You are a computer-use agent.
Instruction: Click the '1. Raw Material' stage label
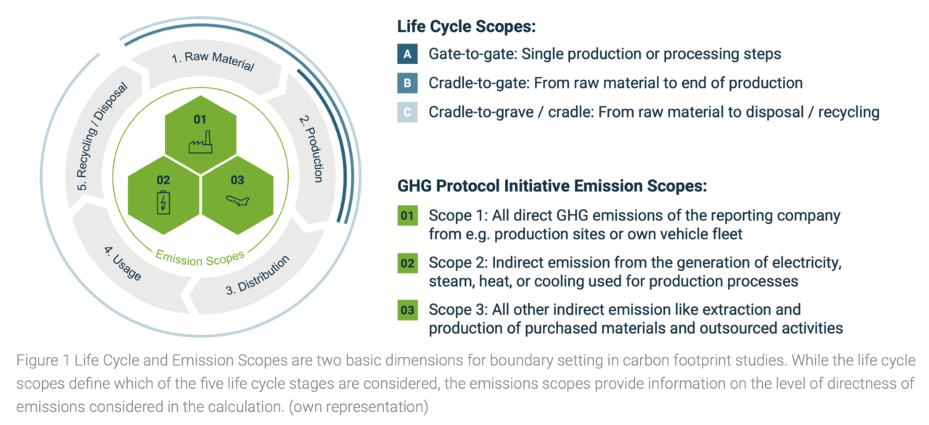pyautogui.click(x=213, y=61)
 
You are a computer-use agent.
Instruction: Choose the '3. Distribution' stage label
pyautogui.click(x=258, y=275)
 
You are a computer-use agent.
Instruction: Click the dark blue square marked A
pyautogui.click(x=407, y=54)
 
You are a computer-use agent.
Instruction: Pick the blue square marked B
pyautogui.click(x=407, y=83)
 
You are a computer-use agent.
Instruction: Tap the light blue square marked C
pyautogui.click(x=407, y=112)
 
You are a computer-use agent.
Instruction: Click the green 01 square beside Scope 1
pyautogui.click(x=407, y=216)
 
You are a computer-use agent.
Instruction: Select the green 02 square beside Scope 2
pyautogui.click(x=407, y=263)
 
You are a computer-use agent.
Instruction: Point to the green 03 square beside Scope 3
pyautogui.click(x=407, y=310)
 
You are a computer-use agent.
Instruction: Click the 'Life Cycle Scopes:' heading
pyautogui.click(x=466, y=27)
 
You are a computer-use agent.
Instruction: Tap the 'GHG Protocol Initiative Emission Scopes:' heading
pyautogui.click(x=552, y=186)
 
